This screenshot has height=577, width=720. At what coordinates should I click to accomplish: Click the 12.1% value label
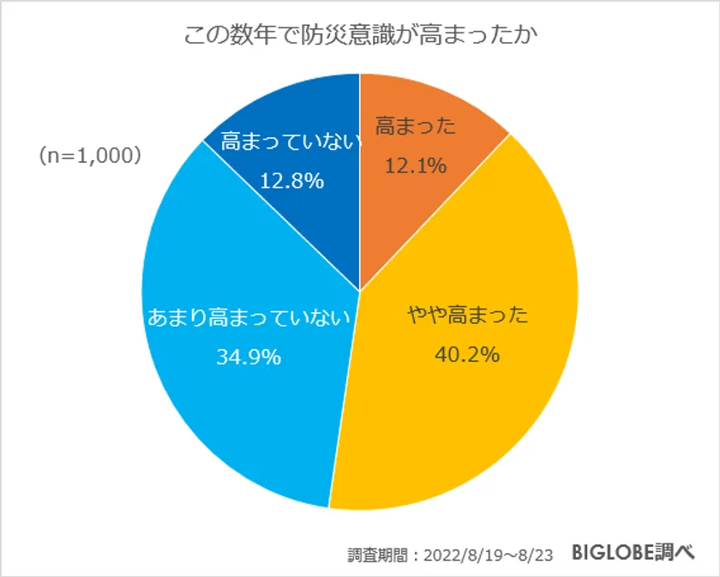(416, 165)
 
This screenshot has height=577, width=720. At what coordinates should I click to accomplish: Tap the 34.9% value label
(249, 357)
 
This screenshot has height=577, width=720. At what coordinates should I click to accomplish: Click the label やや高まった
(467, 314)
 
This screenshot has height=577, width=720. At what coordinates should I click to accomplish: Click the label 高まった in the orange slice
(416, 127)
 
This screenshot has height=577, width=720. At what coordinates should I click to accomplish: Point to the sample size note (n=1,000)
(90, 157)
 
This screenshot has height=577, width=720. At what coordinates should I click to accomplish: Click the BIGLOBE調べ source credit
(633, 551)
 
